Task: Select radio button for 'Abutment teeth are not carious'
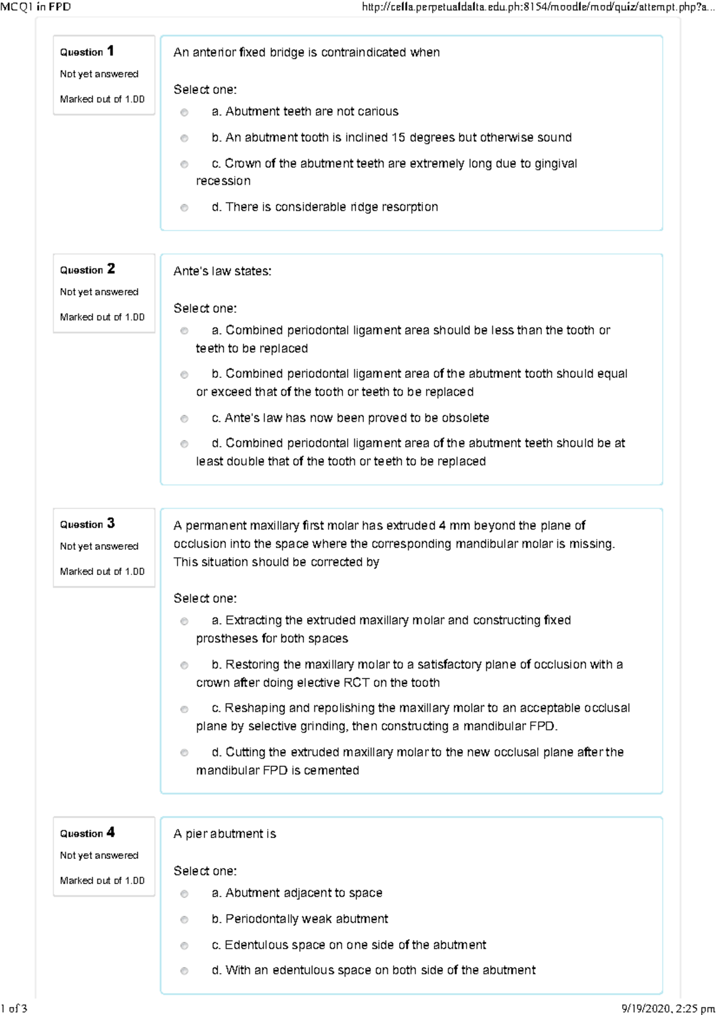(184, 112)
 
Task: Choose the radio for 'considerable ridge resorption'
(184, 208)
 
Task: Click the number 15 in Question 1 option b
(398, 137)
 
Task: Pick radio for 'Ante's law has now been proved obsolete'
(184, 419)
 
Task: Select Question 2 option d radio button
(184, 444)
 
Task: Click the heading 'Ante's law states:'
(222, 271)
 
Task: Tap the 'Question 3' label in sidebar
(87, 524)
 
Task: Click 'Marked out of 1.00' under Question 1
(102, 99)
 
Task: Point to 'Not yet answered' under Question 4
(99, 855)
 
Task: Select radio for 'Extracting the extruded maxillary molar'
(184, 622)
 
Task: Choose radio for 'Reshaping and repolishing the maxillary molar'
(184, 710)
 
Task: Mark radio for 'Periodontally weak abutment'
(184, 920)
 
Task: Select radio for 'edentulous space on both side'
(184, 971)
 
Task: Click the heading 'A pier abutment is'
(225, 834)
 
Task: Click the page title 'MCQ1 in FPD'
(36, 7)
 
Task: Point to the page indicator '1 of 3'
(14, 1008)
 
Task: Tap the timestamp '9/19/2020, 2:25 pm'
(668, 1008)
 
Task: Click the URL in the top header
(538, 7)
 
